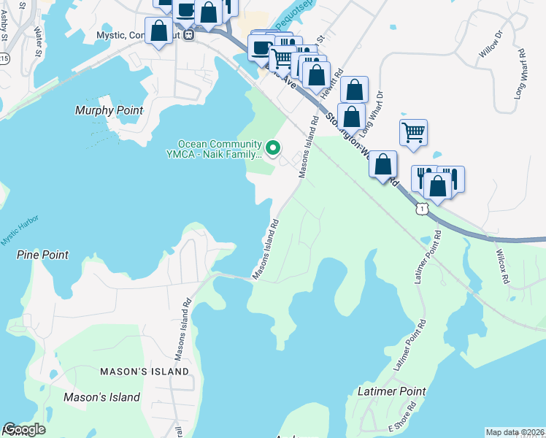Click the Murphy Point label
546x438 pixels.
(109, 110)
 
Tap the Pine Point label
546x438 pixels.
(42, 255)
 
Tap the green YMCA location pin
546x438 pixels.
(274, 148)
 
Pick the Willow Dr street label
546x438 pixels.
(490, 45)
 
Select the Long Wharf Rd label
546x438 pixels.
(520, 74)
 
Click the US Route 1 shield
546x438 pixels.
(421, 210)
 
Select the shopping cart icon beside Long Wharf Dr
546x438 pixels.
(413, 133)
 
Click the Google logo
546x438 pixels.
(24, 430)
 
